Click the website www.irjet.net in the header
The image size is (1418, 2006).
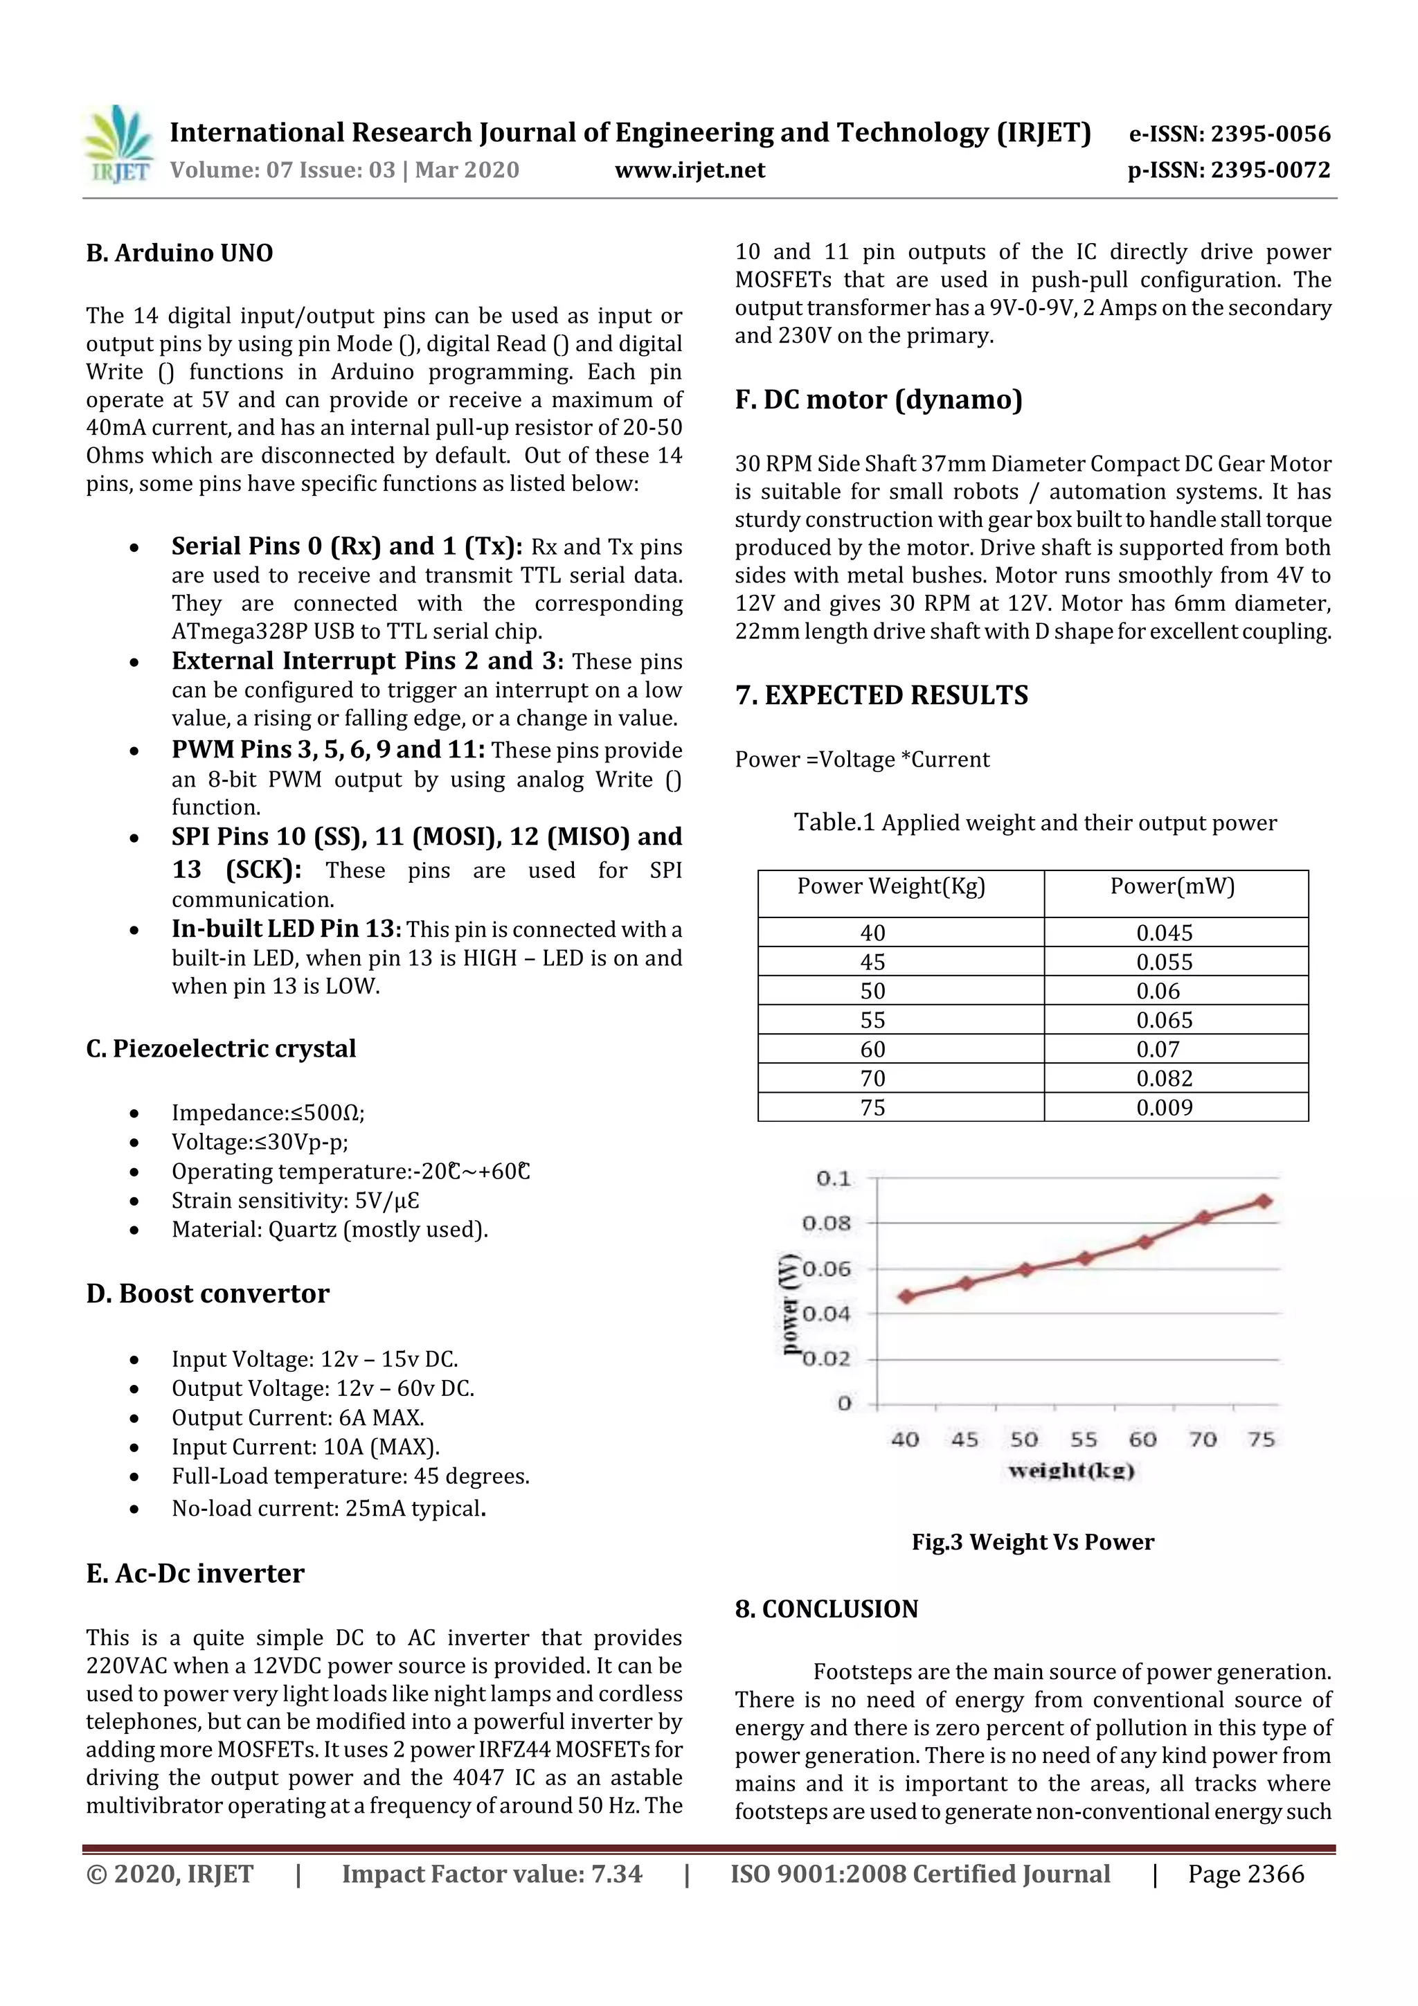[690, 170]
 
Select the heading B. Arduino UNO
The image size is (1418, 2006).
[179, 253]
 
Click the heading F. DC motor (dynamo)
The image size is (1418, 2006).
[878, 400]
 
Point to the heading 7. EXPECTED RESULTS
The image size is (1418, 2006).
[881, 695]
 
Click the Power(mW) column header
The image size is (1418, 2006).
[1172, 887]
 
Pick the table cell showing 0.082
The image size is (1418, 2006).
[1164, 1078]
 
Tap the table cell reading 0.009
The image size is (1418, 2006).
[1164, 1108]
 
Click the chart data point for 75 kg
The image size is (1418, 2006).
[1262, 1201]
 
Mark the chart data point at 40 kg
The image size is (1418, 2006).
[906, 1296]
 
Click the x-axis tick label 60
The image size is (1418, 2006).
[1142, 1439]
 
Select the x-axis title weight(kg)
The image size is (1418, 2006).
[1071, 1471]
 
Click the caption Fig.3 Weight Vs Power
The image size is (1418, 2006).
[1033, 1542]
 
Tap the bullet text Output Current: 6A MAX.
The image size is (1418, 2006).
[297, 1418]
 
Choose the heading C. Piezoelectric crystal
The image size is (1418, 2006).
[220, 1048]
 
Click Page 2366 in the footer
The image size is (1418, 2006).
[1245, 1874]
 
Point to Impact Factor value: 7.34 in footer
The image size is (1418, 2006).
[491, 1874]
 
